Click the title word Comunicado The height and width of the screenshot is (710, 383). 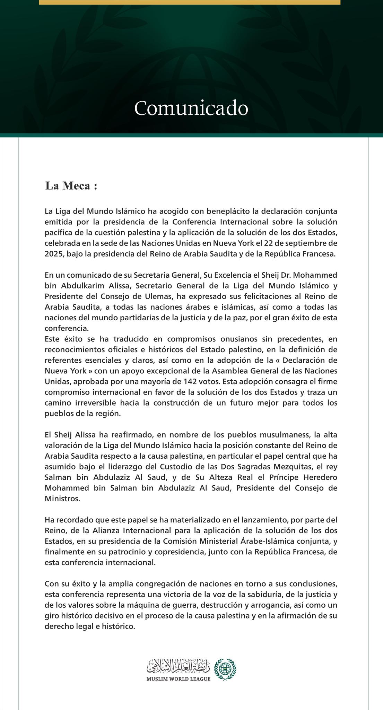tap(191, 108)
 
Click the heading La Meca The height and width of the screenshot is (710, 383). tap(71, 186)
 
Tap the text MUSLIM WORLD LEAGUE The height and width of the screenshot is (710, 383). tap(178, 679)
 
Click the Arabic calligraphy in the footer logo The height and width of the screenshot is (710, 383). tap(178, 665)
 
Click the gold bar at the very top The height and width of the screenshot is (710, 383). tap(189, 2)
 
